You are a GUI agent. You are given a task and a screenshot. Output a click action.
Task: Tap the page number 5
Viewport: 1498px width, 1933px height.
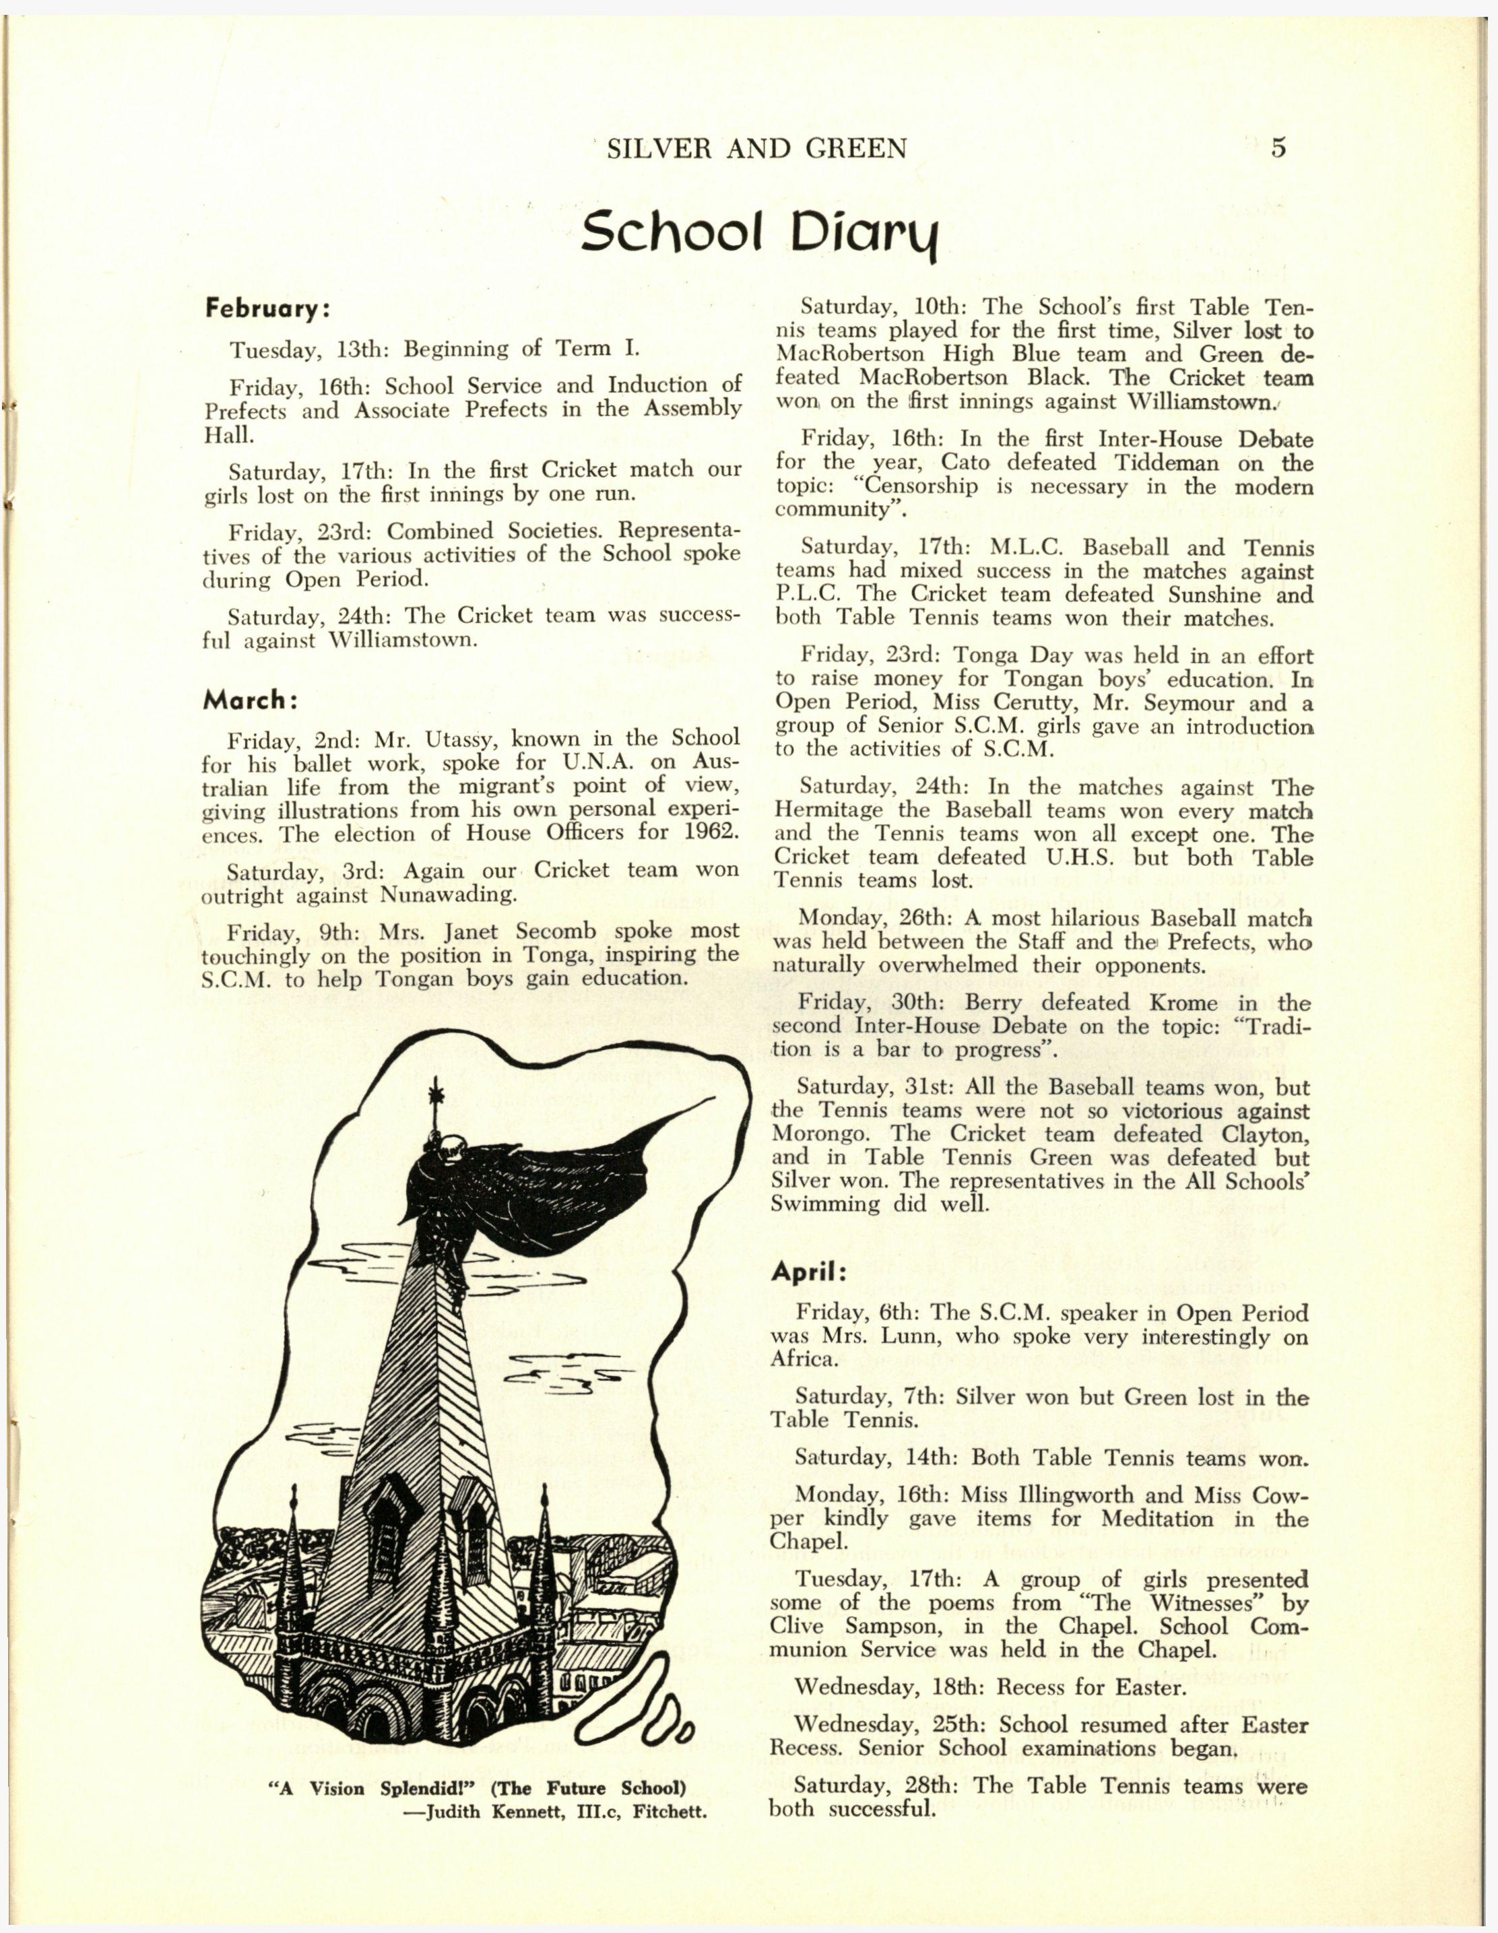pyautogui.click(x=1278, y=147)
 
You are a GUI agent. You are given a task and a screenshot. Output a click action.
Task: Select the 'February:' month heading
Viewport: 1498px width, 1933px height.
pyautogui.click(x=267, y=310)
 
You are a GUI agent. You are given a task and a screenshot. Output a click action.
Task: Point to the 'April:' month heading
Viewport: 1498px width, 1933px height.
pyautogui.click(x=809, y=1272)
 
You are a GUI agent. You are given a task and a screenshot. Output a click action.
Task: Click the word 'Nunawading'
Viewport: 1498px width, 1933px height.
pyautogui.click(x=447, y=895)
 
